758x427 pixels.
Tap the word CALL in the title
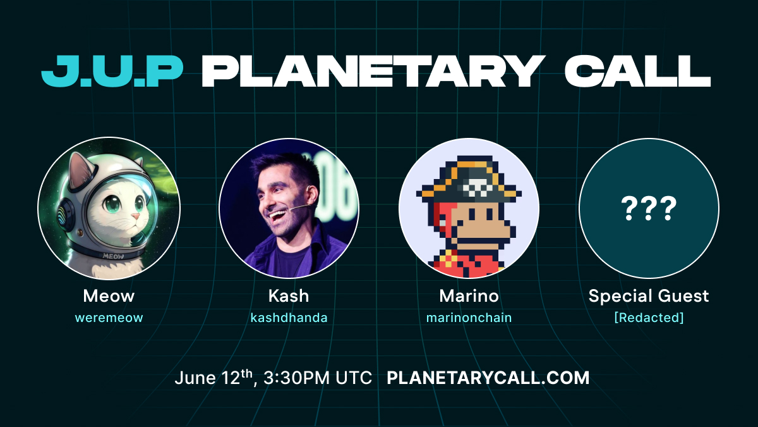pos(638,71)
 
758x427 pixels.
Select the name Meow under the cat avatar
pos(109,296)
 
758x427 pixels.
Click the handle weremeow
pos(109,318)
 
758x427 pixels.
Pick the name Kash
pos(289,296)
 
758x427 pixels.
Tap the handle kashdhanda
pos(289,318)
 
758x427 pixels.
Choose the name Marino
pos(469,296)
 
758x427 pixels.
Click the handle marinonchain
pos(469,318)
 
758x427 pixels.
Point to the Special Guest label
pos(649,296)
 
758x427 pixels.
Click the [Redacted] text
pos(649,318)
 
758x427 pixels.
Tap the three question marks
pos(649,208)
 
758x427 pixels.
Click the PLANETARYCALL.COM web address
pos(488,378)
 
